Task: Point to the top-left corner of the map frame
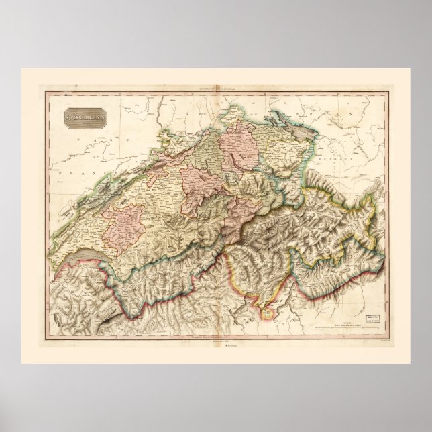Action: point(46,92)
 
